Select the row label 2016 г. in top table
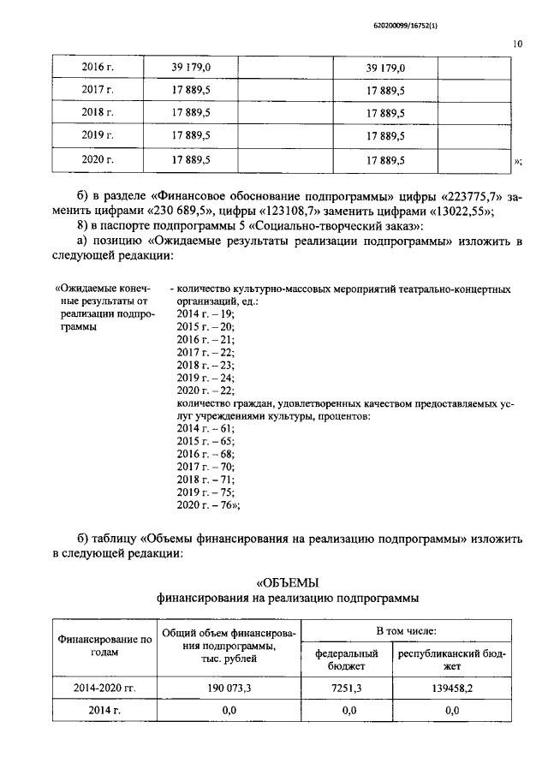(98, 68)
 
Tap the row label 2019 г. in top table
(98, 135)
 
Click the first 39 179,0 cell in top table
(192, 68)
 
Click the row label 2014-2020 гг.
(104, 687)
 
